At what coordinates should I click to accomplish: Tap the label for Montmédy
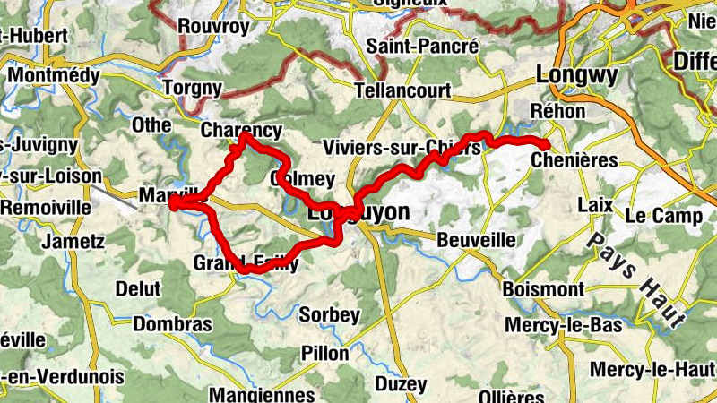(x=53, y=76)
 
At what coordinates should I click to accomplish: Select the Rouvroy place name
(x=213, y=27)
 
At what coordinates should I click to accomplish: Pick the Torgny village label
(x=192, y=88)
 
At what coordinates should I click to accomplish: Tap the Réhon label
(x=557, y=112)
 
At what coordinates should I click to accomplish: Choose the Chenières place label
(x=574, y=160)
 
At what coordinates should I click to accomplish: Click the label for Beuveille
(x=476, y=240)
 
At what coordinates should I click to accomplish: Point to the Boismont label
(x=543, y=290)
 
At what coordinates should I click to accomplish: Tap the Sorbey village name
(x=329, y=315)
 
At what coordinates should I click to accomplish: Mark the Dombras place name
(x=173, y=324)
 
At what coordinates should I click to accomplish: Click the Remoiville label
(x=46, y=207)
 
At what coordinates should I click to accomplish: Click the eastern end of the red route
(x=545, y=144)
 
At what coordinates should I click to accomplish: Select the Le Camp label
(x=664, y=216)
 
